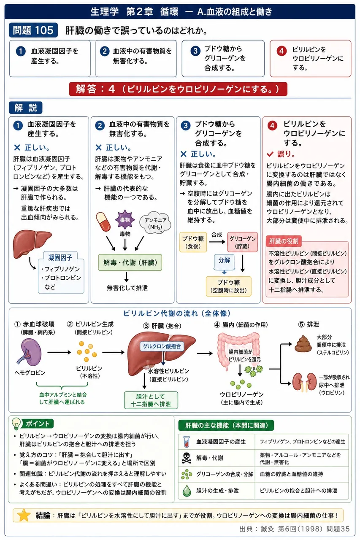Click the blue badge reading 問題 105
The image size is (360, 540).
(x=33, y=30)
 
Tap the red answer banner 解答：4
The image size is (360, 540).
(x=178, y=89)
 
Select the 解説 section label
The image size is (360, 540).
(x=26, y=108)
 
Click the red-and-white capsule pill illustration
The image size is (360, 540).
(x=103, y=221)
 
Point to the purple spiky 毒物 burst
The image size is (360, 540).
(x=125, y=220)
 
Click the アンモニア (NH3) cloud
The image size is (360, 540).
(x=155, y=223)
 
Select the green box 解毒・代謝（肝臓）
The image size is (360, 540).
(x=130, y=262)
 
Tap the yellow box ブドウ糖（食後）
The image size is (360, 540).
(x=193, y=242)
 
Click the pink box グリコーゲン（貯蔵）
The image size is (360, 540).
(x=242, y=242)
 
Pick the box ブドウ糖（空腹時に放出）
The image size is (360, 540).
(x=229, y=286)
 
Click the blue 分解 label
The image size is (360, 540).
(x=224, y=261)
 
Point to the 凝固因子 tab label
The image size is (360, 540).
(x=60, y=258)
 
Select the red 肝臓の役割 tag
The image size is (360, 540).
(x=284, y=241)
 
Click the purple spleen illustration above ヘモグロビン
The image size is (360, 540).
(x=30, y=352)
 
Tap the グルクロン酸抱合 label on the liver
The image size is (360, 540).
(x=162, y=346)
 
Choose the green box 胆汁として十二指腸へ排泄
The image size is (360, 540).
(x=151, y=400)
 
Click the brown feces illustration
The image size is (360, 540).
(x=303, y=344)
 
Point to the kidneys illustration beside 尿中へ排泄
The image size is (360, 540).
(x=304, y=382)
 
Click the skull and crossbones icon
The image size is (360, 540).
(x=187, y=458)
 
